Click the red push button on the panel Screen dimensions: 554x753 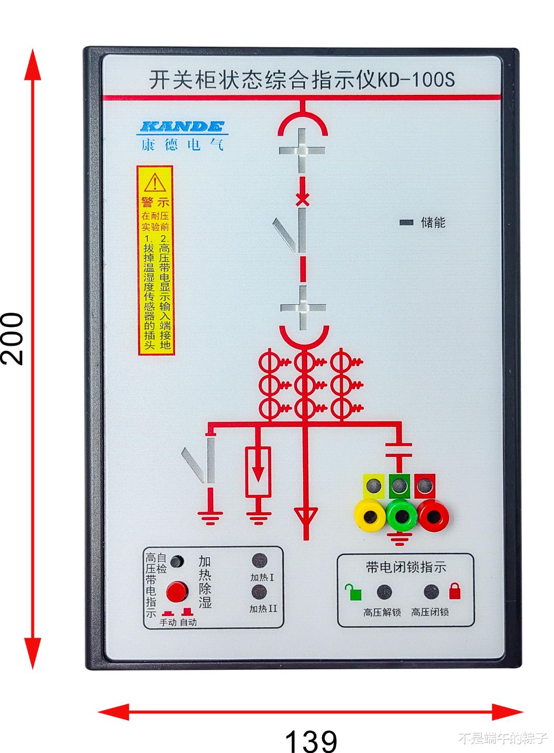176,591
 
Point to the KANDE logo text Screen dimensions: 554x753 182,126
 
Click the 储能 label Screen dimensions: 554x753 433,222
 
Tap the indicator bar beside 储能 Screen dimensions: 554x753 406,222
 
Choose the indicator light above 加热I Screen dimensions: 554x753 260,561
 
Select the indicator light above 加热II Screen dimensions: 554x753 260,592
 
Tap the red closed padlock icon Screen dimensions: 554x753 455,591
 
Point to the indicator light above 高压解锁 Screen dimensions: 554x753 384,592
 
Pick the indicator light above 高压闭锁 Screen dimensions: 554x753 431,592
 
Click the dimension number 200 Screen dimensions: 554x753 12,339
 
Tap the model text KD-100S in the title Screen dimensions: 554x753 416,80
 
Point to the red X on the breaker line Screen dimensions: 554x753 303,199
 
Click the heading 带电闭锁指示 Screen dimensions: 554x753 406,567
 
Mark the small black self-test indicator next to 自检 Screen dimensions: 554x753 176,561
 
